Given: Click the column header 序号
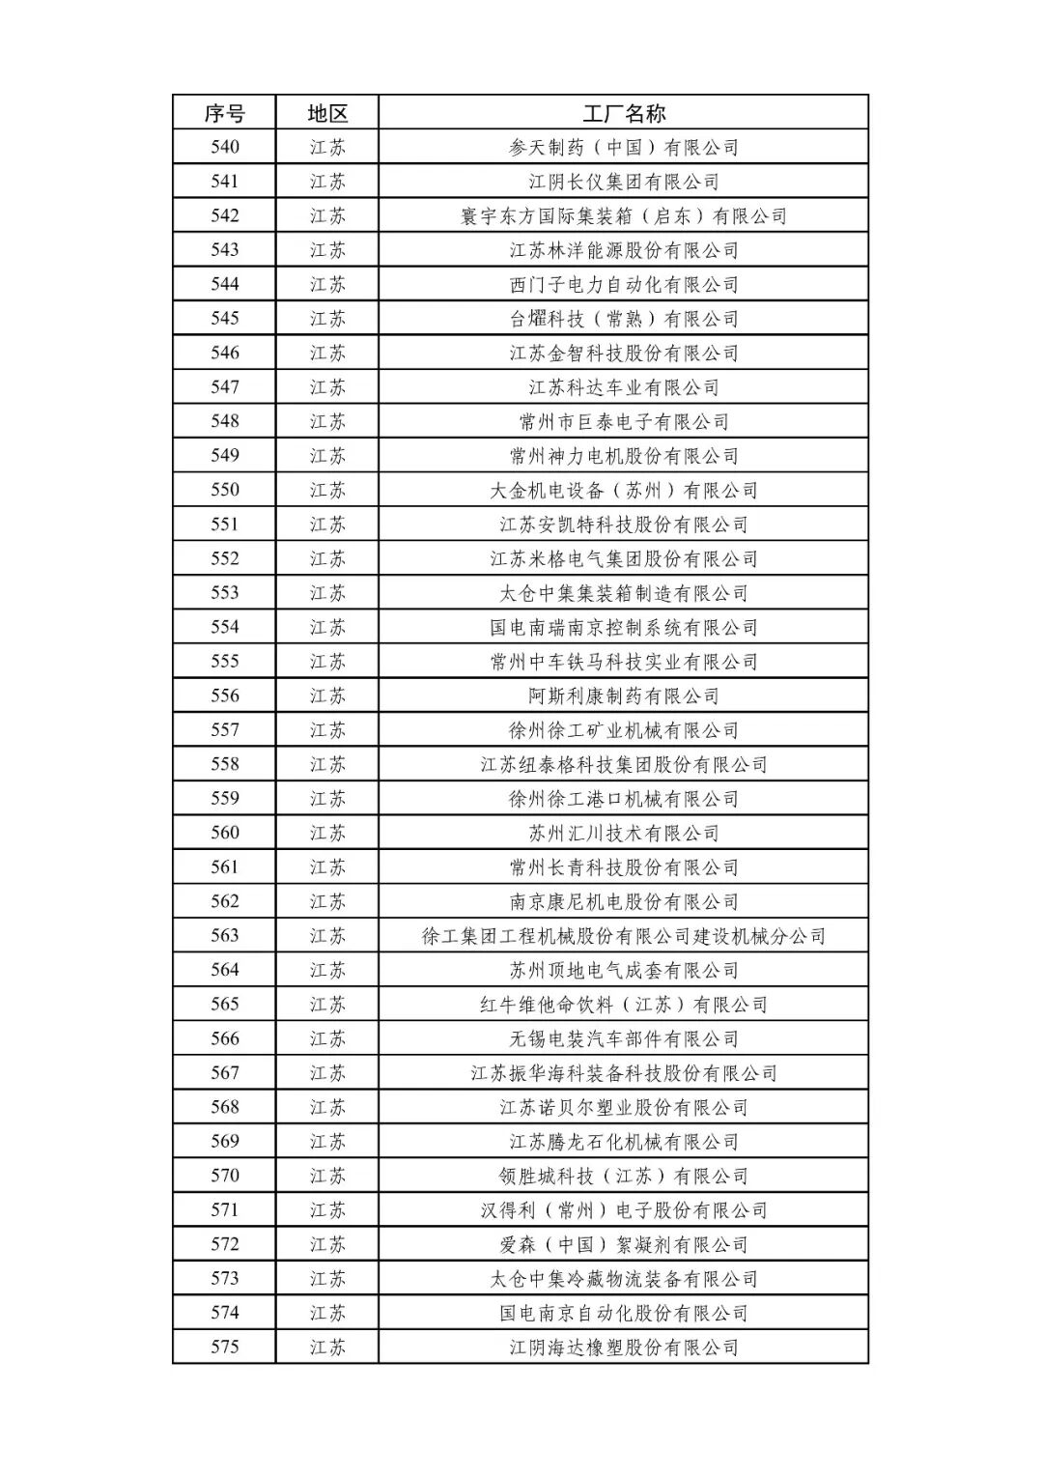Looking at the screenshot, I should (224, 113).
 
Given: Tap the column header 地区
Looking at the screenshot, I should (326, 113).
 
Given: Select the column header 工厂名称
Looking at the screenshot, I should (624, 113).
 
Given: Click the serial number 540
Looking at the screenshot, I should (224, 147).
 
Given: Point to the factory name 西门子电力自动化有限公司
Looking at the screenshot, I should (624, 284).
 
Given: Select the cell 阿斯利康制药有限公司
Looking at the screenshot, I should (624, 695).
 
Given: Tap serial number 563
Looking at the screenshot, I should (224, 935).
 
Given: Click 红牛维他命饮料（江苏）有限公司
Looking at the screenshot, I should (624, 1004).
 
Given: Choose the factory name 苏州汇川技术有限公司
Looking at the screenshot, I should (624, 833).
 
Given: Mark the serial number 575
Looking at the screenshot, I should (224, 1347).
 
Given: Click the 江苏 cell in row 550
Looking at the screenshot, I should (326, 490).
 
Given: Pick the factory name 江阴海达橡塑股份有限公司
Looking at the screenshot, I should (624, 1347).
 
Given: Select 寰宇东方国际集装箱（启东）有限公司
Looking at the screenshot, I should (624, 215).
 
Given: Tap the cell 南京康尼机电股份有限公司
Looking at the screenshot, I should (624, 901).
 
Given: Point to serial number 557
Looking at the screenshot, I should (224, 729).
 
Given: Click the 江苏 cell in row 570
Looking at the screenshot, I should (326, 1176).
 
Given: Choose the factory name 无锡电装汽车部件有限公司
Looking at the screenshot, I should (624, 1038).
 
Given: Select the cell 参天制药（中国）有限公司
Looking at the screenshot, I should (624, 147).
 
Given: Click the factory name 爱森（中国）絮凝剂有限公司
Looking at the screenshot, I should (624, 1244).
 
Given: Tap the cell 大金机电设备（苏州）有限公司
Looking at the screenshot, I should (624, 490).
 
